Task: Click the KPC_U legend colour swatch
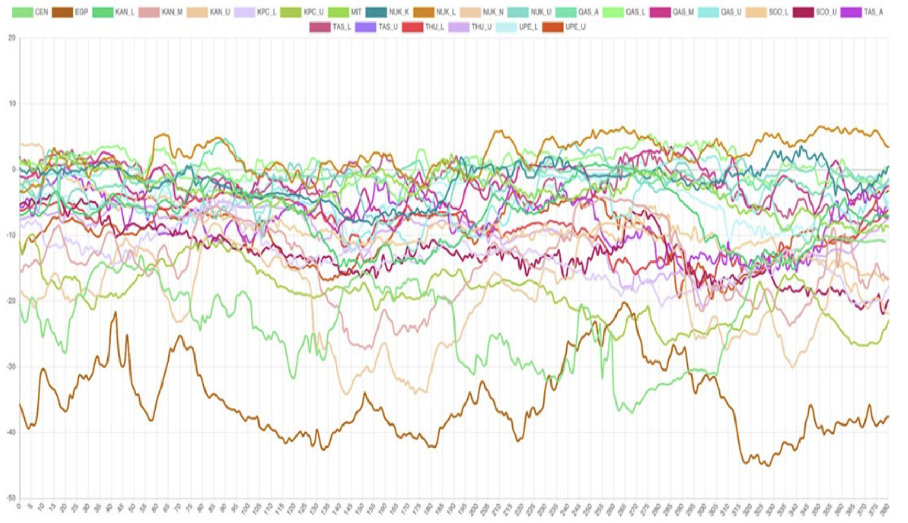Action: point(291,12)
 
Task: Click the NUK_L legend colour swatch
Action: point(424,12)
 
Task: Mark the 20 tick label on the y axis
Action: point(12,38)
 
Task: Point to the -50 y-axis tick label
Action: point(10,498)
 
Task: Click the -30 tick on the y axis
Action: point(10,367)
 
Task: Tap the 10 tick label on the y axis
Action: point(12,104)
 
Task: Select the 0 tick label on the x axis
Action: point(19,507)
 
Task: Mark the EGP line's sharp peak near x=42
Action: point(115,312)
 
